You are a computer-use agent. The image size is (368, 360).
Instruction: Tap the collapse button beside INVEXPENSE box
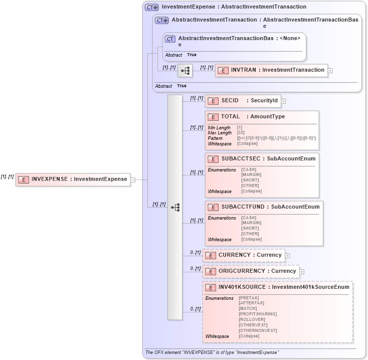pyautogui.click(x=133, y=179)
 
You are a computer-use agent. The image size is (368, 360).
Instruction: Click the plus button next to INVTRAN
pyautogui.click(x=330, y=71)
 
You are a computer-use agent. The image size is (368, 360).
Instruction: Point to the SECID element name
pyautogui.click(x=230, y=101)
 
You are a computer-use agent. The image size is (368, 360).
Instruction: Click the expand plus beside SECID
pyautogui.click(x=283, y=101)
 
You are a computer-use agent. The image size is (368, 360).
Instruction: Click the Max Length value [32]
pyautogui.click(x=241, y=133)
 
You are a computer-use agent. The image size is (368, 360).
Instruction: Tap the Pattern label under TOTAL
pyautogui.click(x=215, y=138)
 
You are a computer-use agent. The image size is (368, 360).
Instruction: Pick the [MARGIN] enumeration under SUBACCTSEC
pyautogui.click(x=250, y=175)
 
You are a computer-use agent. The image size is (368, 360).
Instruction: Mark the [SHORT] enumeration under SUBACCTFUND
pyautogui.click(x=250, y=229)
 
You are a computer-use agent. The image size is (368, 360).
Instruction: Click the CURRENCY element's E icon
pyautogui.click(x=210, y=255)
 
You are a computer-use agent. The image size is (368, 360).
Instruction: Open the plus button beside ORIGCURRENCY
pyautogui.click(x=302, y=271)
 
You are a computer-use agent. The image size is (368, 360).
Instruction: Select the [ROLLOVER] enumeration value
pyautogui.click(x=252, y=319)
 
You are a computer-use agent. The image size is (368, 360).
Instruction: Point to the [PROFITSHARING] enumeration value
pyautogui.click(x=258, y=314)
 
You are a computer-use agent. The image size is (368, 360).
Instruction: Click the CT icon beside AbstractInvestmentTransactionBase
pyautogui.click(x=170, y=39)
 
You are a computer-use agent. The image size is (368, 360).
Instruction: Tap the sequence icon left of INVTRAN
pyautogui.click(x=185, y=71)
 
